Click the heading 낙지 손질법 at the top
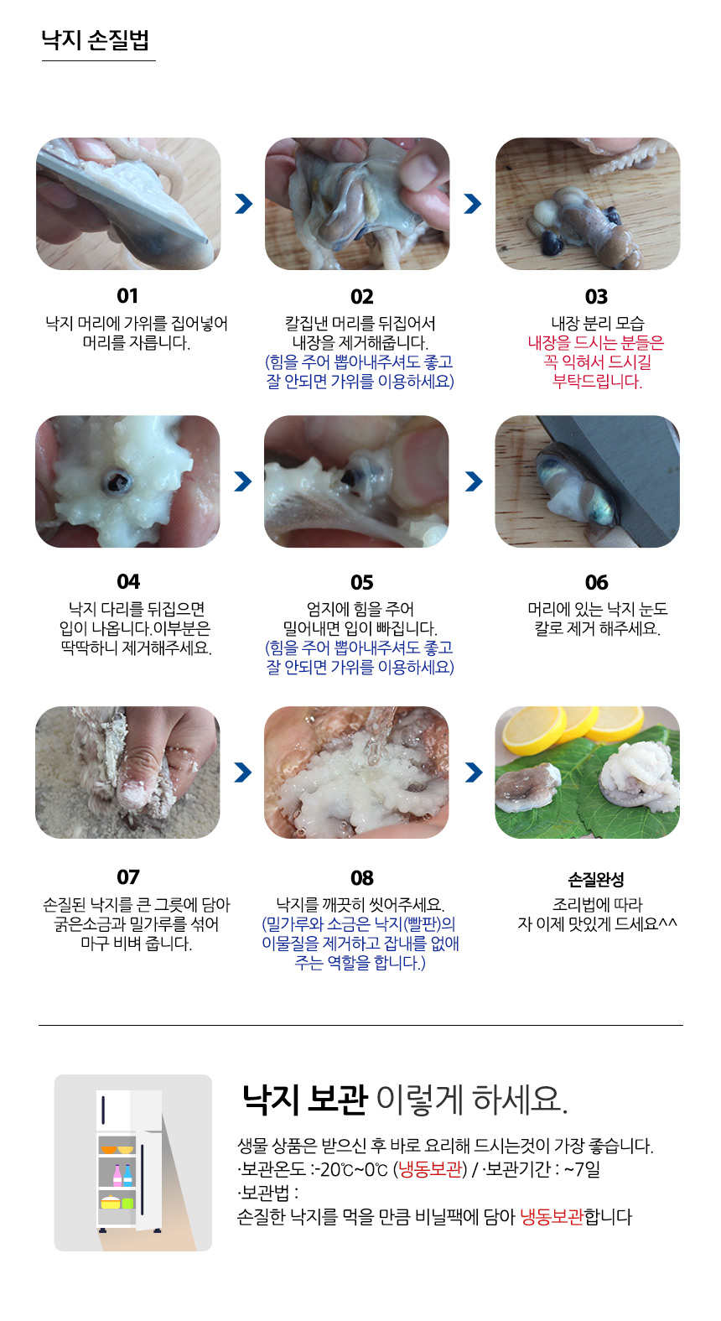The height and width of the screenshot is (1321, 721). pos(95,40)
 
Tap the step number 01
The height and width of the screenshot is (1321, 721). pos(127,295)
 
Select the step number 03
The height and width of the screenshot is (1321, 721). pos(596,296)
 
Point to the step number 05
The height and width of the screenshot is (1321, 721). pos(362,583)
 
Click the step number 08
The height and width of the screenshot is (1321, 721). pos(362,878)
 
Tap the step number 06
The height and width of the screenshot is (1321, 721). pos(596,583)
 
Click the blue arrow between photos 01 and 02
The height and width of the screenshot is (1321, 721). pos(243,204)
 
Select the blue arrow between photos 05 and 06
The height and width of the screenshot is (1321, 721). pos(474,481)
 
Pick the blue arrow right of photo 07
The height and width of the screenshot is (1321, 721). pos(243,772)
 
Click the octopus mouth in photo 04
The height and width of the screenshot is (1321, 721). pos(117,480)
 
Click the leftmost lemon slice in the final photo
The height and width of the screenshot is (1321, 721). pos(532,731)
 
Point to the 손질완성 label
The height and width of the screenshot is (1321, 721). pos(596,879)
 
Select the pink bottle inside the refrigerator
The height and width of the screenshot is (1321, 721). pos(117,1175)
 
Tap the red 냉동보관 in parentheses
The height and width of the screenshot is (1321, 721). pos(430,1168)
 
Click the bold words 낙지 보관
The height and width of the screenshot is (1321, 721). pos(305,1100)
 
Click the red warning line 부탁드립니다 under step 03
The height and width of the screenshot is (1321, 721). pos(597,382)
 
